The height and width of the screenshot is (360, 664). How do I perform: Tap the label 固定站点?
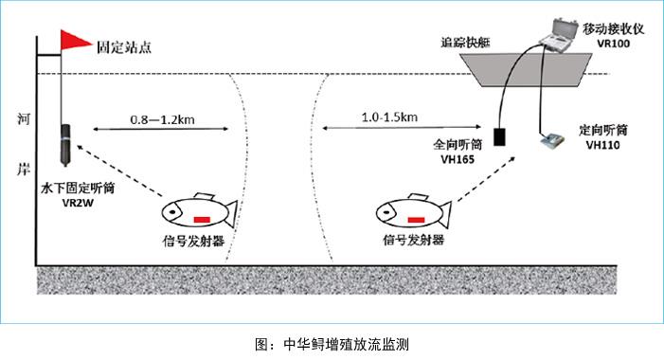click(x=123, y=45)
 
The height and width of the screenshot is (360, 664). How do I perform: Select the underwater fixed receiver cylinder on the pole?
click(x=63, y=141)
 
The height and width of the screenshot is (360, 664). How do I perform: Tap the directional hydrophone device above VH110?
click(x=548, y=143)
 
